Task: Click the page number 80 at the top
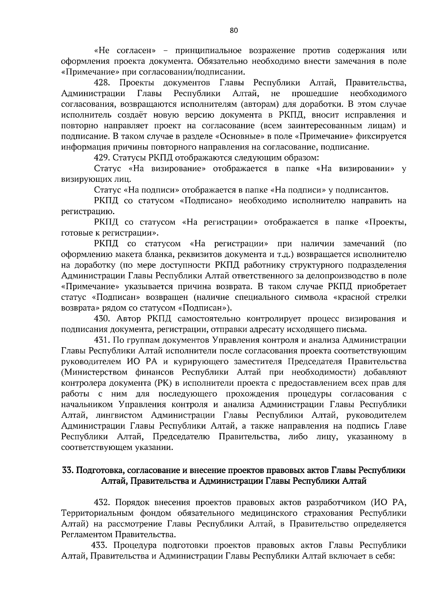coord(233,30)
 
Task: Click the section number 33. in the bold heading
coord(67,470)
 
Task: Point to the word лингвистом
coord(119,415)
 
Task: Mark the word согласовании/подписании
coord(189,72)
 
